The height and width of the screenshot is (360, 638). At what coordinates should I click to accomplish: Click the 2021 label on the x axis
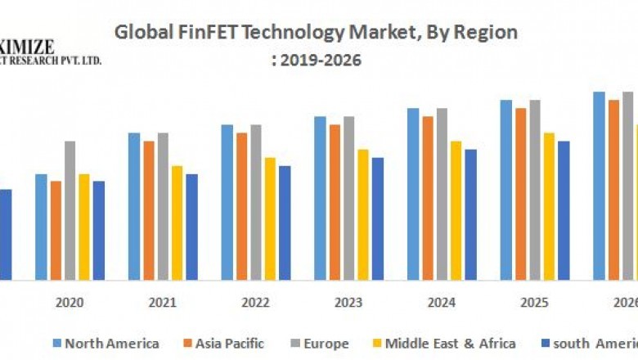click(x=163, y=302)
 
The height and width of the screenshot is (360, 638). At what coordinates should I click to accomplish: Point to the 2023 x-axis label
click(x=348, y=302)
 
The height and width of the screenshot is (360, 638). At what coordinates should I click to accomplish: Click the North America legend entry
click(x=111, y=344)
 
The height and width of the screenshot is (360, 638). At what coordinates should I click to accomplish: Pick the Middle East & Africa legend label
click(x=451, y=344)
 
